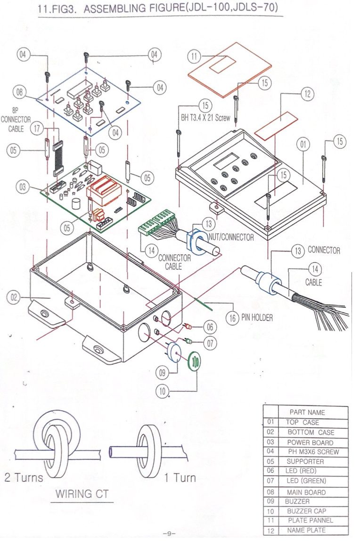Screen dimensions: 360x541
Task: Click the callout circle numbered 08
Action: coord(20,92)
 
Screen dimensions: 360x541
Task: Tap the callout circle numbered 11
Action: coord(194,56)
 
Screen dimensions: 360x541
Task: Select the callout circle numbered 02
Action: coord(13,298)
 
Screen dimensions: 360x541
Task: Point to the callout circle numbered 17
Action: coord(37,129)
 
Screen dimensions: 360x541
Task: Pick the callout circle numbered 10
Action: coord(163,391)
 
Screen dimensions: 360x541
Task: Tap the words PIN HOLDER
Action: coord(257,317)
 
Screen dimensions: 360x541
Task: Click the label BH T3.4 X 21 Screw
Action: coord(206,118)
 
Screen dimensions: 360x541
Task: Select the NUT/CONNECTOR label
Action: coord(232,237)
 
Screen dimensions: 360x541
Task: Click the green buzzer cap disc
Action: coord(195,361)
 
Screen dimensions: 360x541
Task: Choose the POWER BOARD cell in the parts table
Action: coord(310,442)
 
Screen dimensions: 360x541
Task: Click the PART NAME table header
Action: coord(307,412)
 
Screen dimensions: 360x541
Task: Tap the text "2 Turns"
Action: coord(24,477)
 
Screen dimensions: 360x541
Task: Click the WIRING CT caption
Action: coord(82,494)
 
